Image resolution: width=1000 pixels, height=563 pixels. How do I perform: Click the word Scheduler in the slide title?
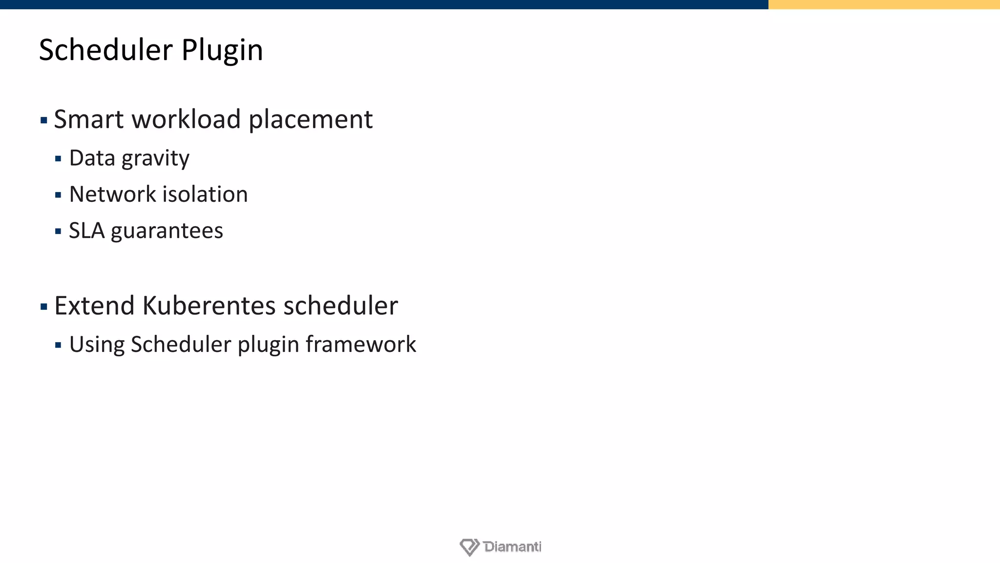[105, 50]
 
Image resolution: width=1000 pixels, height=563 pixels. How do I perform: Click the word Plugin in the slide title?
[222, 51]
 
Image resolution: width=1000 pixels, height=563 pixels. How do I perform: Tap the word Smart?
[88, 119]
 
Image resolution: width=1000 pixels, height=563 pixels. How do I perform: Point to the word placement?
[311, 120]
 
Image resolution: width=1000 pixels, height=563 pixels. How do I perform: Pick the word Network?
[112, 195]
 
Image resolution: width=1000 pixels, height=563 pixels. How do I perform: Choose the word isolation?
[205, 195]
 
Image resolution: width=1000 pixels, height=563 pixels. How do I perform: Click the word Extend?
[94, 306]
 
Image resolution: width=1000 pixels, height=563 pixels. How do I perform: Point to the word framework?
[361, 345]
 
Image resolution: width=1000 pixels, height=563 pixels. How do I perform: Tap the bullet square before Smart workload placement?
[44, 120]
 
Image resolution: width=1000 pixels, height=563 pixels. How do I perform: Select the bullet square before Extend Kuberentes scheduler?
[44, 307]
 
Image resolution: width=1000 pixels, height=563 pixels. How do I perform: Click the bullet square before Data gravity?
[58, 159]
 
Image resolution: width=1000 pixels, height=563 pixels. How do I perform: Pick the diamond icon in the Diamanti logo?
[469, 547]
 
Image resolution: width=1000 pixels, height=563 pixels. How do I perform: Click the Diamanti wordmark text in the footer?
[512, 546]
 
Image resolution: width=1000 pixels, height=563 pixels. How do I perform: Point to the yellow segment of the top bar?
[884, 4]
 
